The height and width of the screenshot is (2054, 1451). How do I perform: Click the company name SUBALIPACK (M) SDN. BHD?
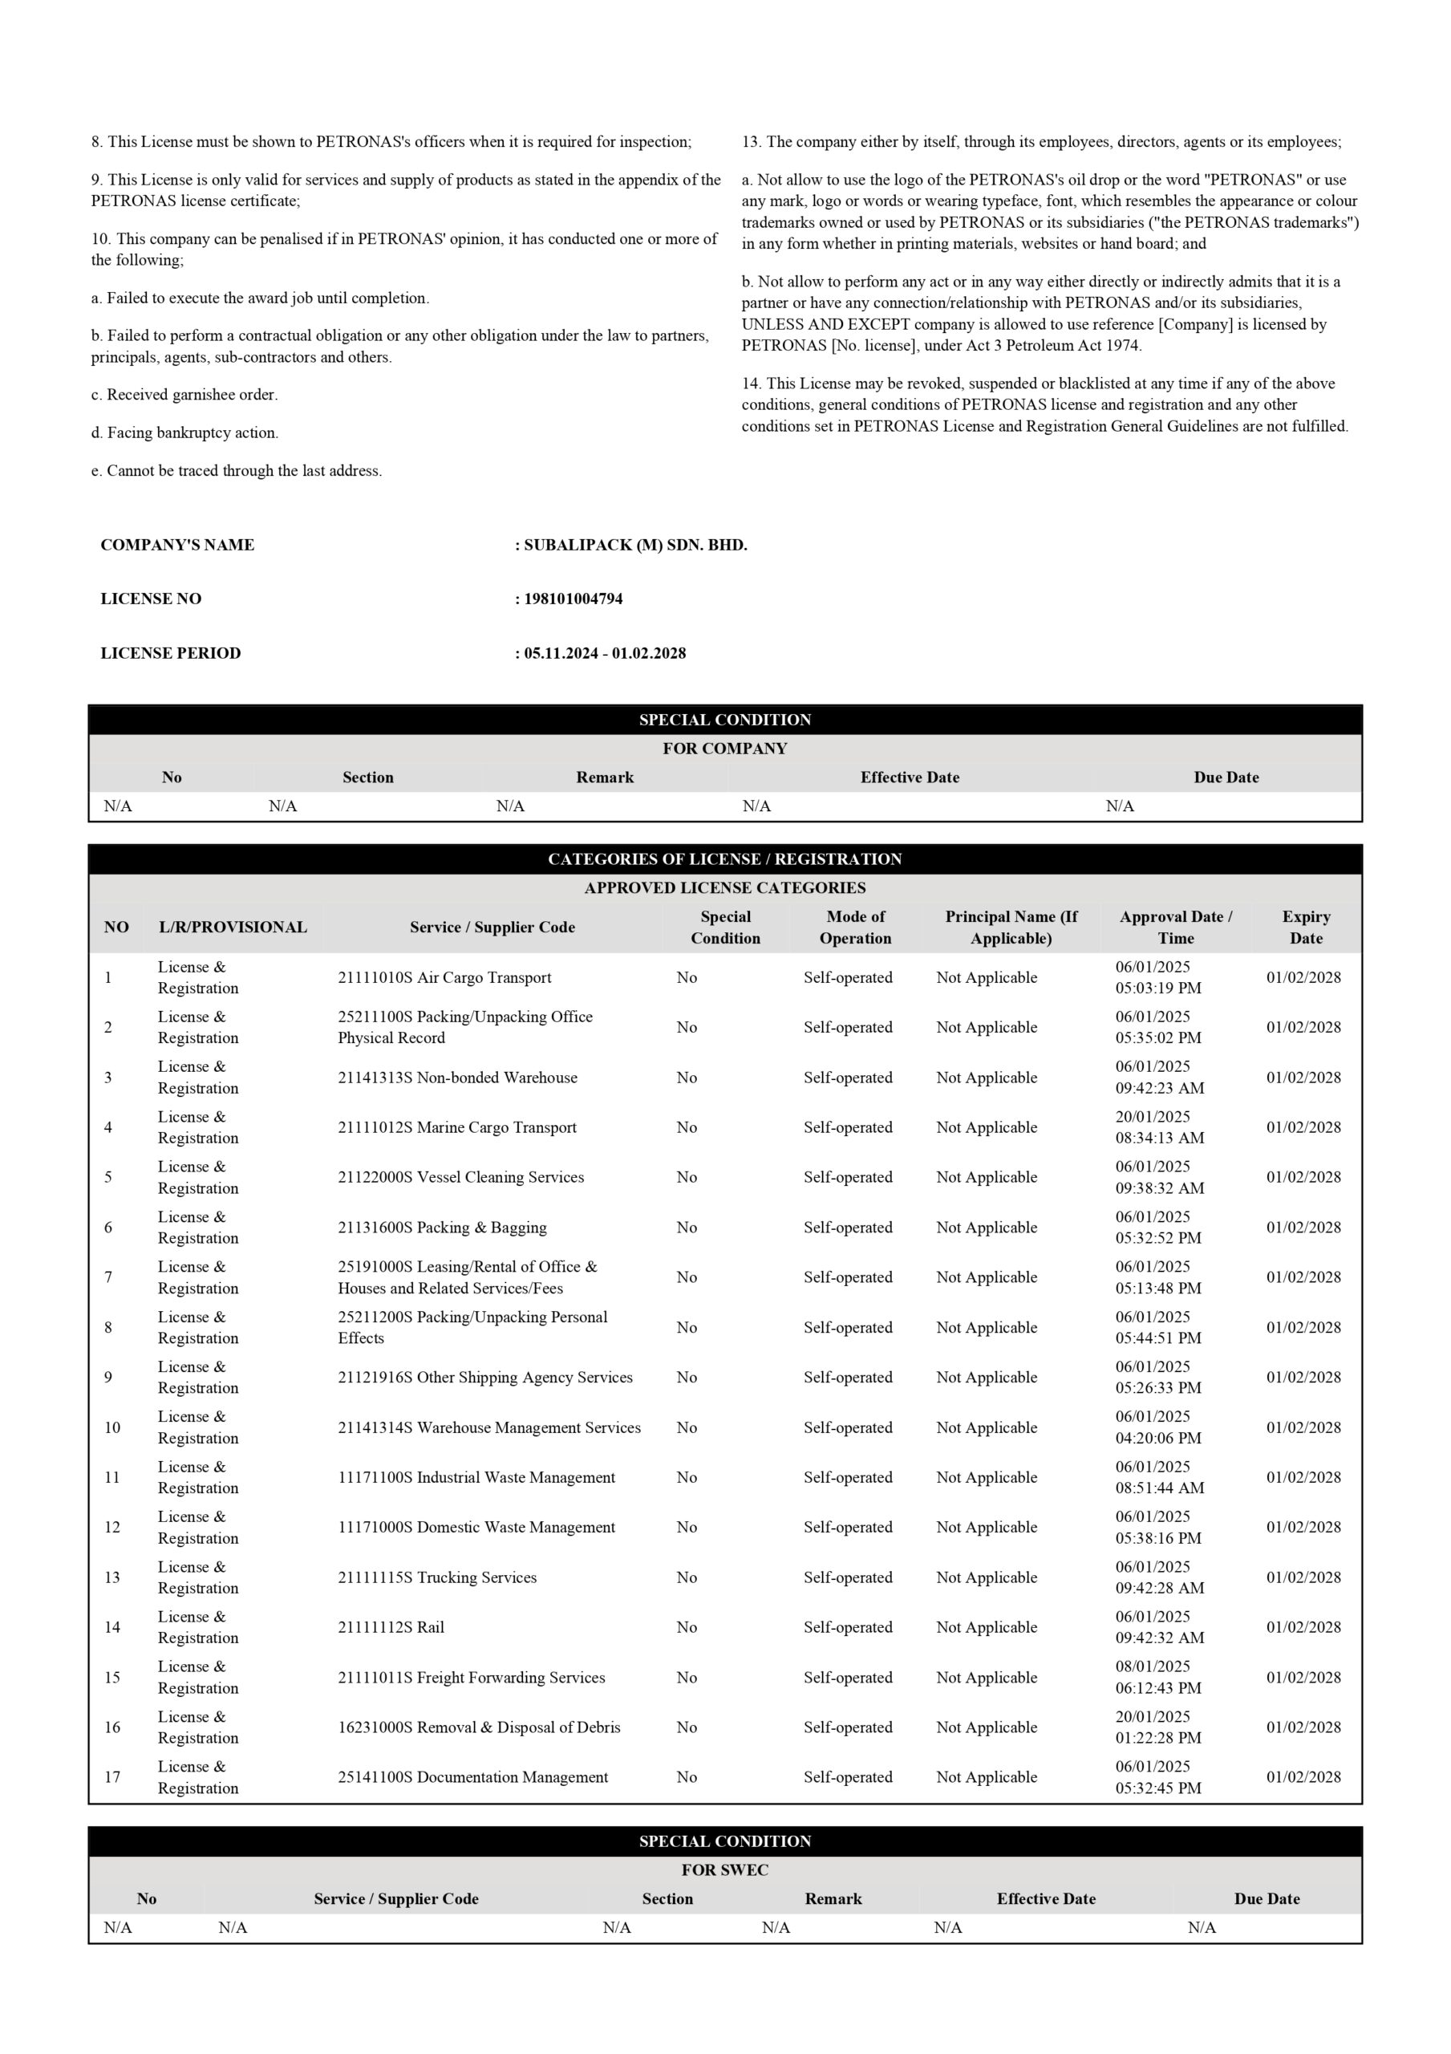(x=635, y=545)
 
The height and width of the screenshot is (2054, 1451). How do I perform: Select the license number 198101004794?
(x=573, y=599)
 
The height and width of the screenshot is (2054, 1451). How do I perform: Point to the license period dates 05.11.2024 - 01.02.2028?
(x=605, y=653)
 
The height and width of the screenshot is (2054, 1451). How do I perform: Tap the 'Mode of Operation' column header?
(x=855, y=927)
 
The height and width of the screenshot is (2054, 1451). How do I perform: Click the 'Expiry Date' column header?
(x=1305, y=927)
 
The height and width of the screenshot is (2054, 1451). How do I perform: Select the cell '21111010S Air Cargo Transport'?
(x=444, y=977)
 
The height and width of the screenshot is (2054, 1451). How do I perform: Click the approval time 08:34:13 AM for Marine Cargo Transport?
(x=1159, y=1138)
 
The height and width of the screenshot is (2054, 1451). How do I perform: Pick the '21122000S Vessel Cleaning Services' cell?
(x=460, y=1177)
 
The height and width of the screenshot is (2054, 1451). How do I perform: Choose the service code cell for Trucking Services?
(x=436, y=1577)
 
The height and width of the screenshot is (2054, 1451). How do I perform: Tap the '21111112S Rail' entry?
(x=391, y=1627)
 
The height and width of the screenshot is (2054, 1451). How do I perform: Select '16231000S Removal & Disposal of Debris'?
(x=479, y=1727)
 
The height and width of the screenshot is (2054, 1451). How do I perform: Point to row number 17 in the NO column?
(x=111, y=1777)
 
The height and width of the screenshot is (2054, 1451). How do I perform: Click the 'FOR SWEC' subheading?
(x=724, y=1870)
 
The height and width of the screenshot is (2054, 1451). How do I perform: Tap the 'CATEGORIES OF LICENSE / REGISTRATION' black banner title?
(x=724, y=859)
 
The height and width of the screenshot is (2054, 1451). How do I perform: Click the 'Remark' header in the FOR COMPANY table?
(x=605, y=777)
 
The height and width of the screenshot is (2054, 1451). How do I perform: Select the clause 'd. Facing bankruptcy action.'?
(x=184, y=433)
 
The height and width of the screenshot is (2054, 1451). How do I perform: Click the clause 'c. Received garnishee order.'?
(x=184, y=395)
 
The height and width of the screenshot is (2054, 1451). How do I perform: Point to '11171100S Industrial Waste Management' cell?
(x=476, y=1477)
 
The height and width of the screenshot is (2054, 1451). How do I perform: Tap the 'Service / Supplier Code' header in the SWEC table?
(x=395, y=1899)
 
